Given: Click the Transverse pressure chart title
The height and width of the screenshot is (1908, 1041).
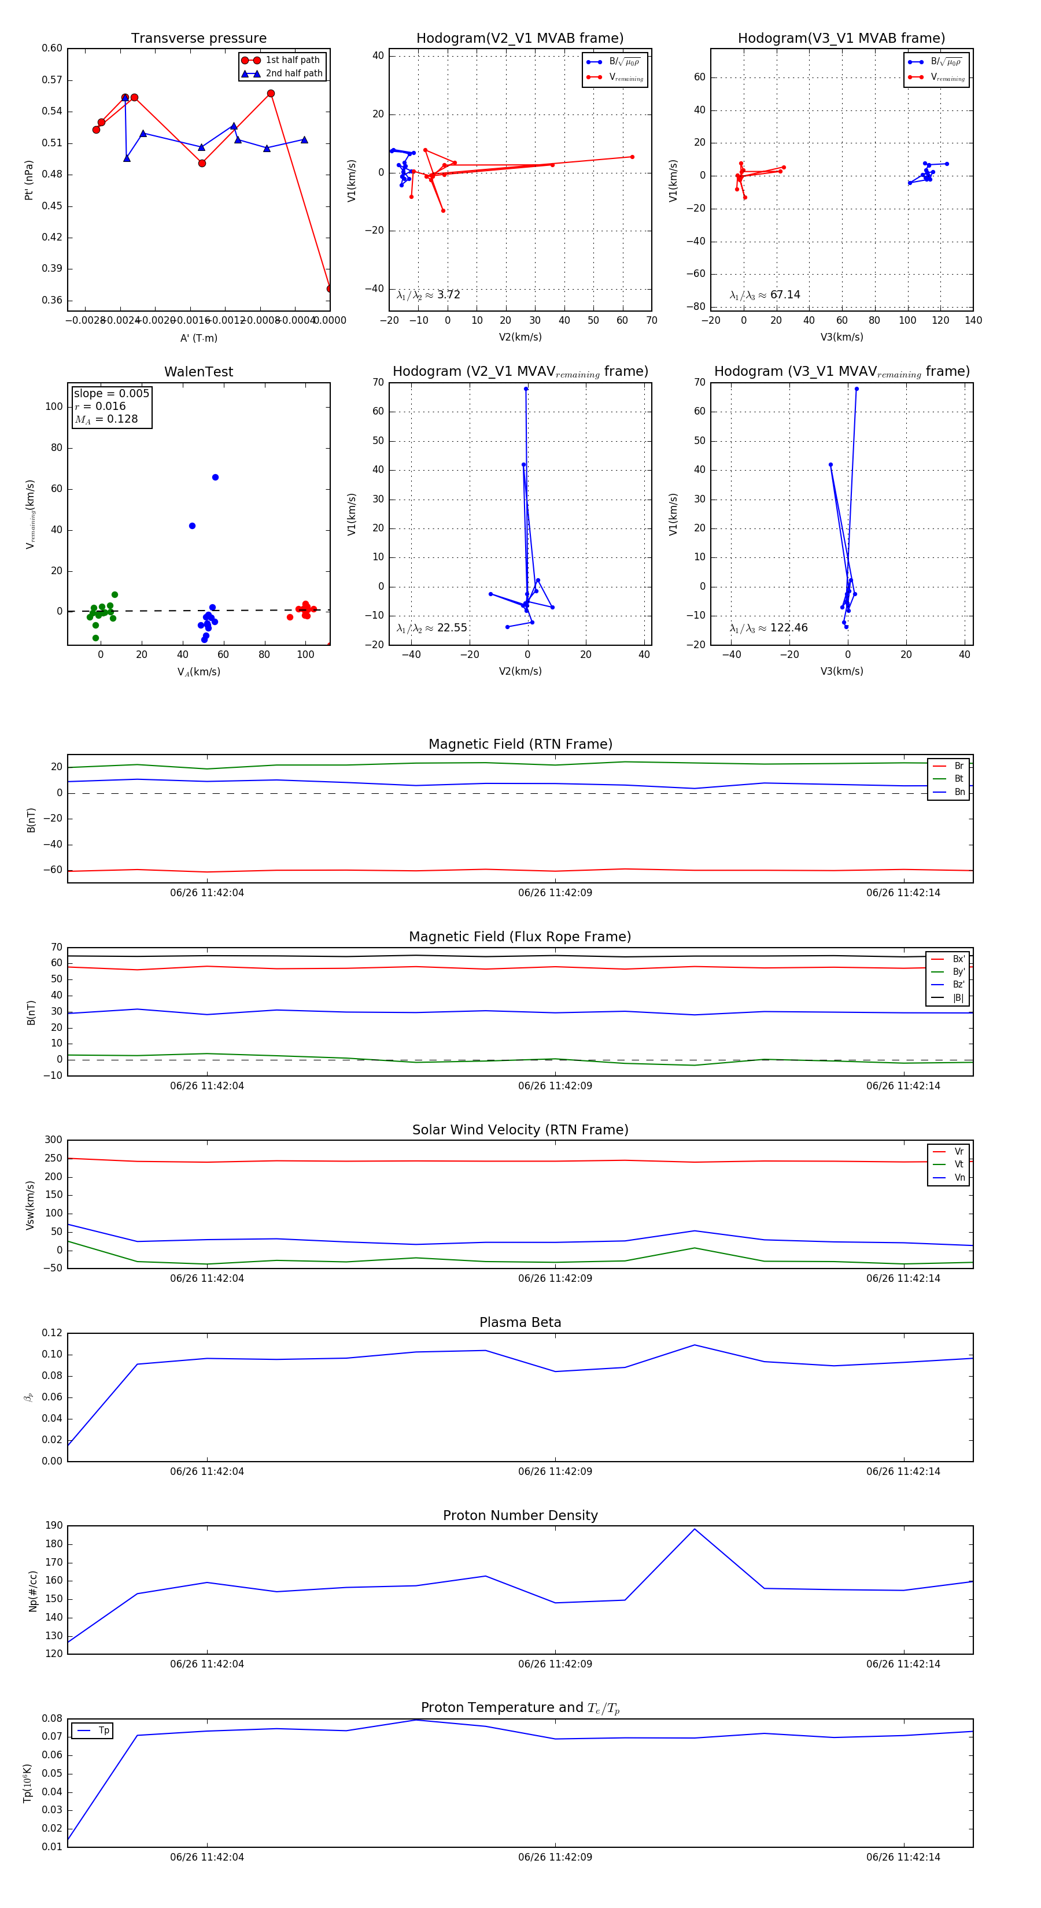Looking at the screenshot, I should tap(198, 38).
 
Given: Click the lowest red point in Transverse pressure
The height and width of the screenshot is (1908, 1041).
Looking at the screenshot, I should tap(329, 288).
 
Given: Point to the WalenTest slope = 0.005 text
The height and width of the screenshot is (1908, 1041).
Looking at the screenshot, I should tap(111, 393).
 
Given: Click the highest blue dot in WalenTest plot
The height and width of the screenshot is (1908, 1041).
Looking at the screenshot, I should tap(215, 477).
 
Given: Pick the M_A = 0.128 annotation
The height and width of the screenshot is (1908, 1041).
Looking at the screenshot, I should tap(106, 419).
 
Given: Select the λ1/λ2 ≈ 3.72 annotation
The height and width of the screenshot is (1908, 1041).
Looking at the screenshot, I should tap(428, 295).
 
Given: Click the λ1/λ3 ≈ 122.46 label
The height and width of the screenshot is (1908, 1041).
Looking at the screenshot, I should tap(769, 628).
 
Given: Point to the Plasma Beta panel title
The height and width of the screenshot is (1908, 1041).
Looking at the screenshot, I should tap(520, 1322).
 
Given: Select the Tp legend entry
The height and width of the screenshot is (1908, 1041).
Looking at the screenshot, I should tap(103, 1730).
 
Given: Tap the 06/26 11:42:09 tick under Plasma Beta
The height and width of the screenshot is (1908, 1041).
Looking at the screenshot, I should tap(555, 1471).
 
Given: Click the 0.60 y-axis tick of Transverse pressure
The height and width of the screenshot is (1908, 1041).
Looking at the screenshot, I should tap(52, 48).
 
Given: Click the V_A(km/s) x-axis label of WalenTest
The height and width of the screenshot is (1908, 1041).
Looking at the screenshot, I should tap(198, 672).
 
